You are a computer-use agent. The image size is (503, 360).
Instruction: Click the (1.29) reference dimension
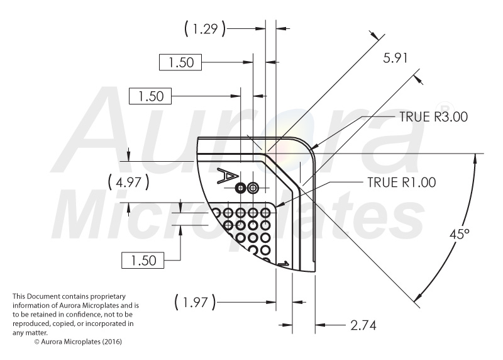[205, 29]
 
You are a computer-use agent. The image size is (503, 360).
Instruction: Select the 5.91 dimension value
[395, 58]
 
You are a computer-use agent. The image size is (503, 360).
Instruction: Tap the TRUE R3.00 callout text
[434, 117]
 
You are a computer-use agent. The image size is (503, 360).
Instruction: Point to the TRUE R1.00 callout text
[402, 183]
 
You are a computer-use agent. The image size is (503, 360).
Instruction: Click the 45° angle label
[460, 234]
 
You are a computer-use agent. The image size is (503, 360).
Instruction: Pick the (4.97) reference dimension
[129, 182]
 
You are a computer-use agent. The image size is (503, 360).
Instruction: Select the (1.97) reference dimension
[196, 302]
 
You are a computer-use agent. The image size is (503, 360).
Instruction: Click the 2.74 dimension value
[363, 325]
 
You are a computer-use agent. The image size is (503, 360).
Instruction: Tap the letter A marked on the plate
[228, 176]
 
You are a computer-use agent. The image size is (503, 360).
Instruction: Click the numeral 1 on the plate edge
[284, 263]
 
